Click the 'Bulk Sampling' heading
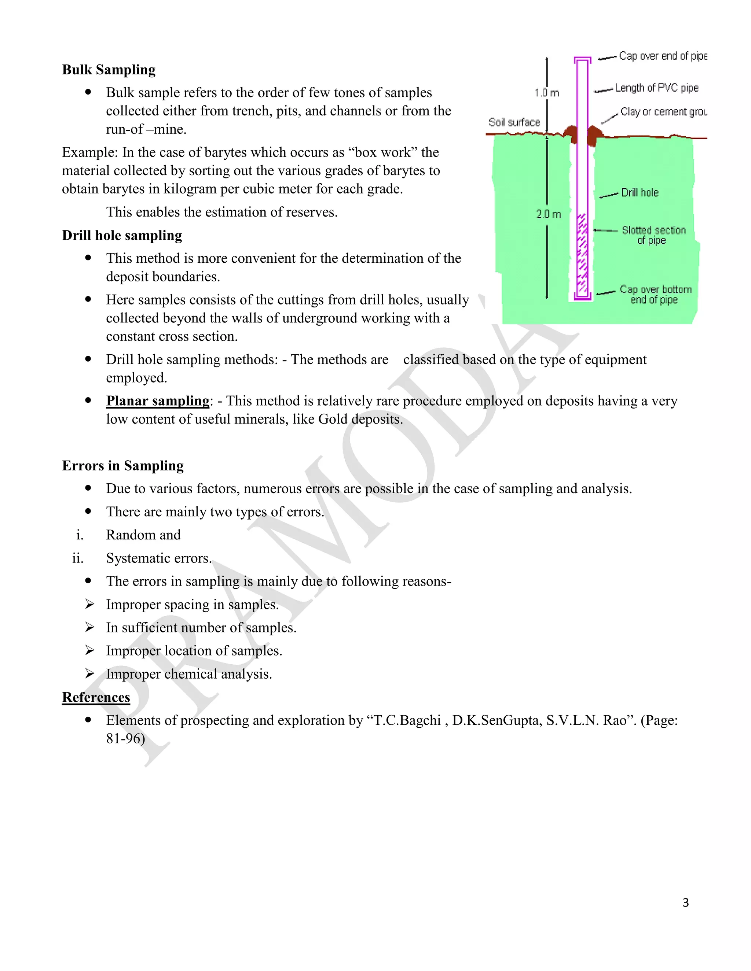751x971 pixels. [109, 70]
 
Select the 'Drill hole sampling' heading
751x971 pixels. [122, 235]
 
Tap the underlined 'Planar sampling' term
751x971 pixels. [157, 400]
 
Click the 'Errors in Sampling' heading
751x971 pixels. [123, 465]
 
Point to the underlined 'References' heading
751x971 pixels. [96, 697]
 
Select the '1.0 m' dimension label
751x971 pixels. [547, 93]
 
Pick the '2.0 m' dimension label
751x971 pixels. [548, 214]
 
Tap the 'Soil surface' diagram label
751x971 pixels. [514, 122]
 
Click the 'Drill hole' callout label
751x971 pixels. [640, 192]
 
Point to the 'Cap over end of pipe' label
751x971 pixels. [663, 56]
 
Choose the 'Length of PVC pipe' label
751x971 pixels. [657, 88]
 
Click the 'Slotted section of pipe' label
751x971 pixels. [653, 235]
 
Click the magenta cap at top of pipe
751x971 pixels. [582, 60]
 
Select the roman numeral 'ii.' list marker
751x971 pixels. [78, 558]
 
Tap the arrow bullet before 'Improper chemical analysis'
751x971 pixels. [90, 673]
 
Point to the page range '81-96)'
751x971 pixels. [126, 738]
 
